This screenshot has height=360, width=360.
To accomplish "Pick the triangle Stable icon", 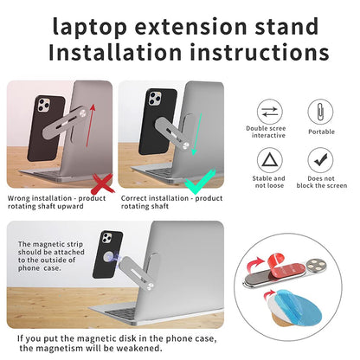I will tap(267, 159).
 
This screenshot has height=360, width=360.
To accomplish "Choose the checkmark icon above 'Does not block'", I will tap(321, 159).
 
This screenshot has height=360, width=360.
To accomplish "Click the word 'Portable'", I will tap(321, 132).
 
